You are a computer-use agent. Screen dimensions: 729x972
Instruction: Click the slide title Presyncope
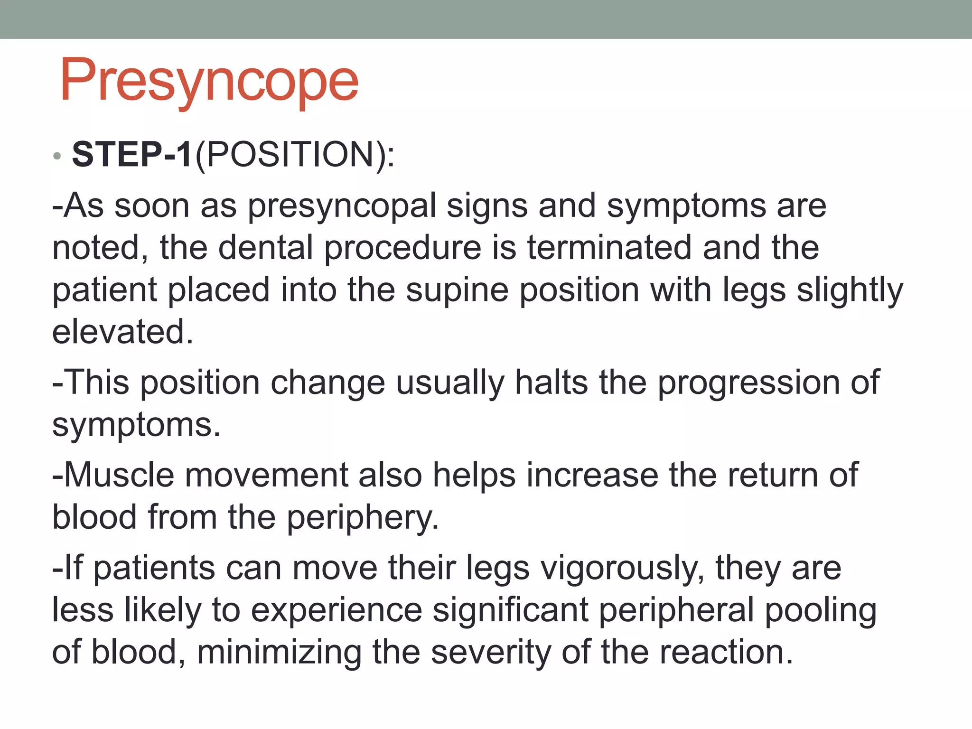tap(209, 81)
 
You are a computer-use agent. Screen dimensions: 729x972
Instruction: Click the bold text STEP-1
tap(132, 154)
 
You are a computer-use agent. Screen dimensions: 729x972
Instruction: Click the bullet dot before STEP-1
tap(57, 156)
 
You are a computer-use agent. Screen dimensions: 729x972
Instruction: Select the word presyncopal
tap(342, 206)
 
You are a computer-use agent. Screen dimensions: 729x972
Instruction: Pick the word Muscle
tap(119, 475)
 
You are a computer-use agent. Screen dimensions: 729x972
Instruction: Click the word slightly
tap(850, 290)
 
